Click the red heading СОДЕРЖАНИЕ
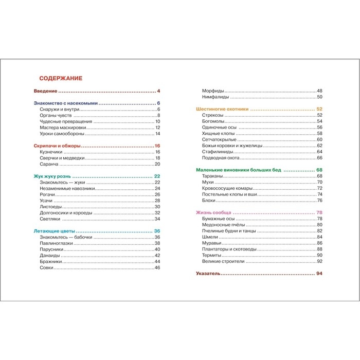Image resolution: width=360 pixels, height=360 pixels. tap(61, 78)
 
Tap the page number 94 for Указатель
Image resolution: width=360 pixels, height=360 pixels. tap(319, 274)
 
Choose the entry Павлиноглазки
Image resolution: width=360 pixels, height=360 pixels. tap(56, 243)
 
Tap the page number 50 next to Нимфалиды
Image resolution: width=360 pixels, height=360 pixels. tap(319, 97)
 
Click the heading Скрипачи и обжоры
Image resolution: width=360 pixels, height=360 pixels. tap(57, 146)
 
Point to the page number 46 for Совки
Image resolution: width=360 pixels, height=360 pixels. tap(157, 268)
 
